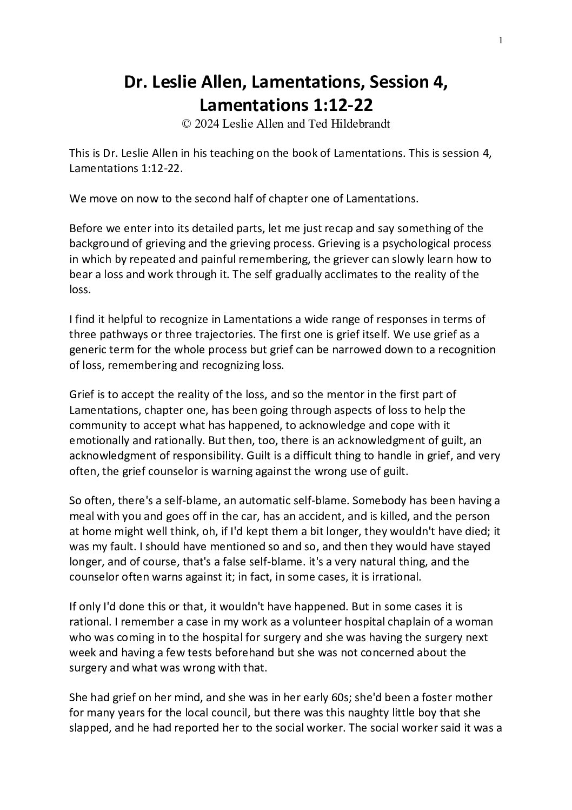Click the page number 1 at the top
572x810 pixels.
[x=501, y=39]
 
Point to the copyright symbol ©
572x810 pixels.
[x=187, y=124]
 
